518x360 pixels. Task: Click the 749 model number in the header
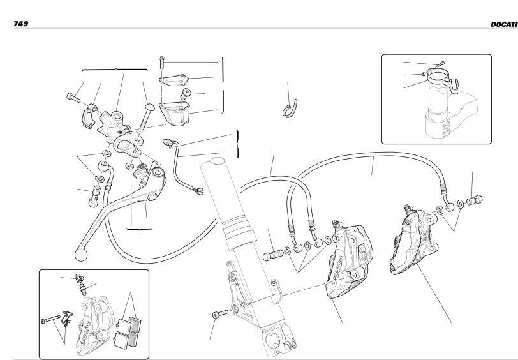[20, 24]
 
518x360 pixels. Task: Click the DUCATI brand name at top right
[504, 24]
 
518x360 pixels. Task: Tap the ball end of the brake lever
[81, 255]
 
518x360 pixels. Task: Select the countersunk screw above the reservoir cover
[161, 63]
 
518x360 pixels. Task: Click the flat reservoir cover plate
[174, 79]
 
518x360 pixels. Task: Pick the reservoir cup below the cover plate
[174, 112]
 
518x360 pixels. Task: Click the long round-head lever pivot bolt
[147, 116]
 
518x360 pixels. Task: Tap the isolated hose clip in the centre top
[290, 109]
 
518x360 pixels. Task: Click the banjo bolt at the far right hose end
[475, 200]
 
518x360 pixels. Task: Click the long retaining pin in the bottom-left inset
[50, 319]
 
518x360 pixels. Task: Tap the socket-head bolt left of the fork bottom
[220, 313]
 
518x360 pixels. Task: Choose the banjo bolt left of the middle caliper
[272, 255]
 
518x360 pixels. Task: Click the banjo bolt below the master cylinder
[94, 196]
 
